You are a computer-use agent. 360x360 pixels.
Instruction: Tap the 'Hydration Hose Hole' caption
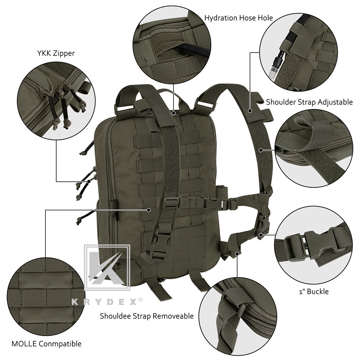(x=238, y=18)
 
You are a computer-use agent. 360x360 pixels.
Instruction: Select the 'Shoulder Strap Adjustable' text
(x=309, y=102)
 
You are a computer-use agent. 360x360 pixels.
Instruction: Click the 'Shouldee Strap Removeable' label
(x=147, y=316)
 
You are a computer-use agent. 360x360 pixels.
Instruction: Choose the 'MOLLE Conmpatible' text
(x=46, y=344)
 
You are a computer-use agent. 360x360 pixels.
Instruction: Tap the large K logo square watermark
(x=107, y=267)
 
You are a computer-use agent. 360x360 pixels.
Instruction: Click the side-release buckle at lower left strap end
(x=158, y=248)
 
